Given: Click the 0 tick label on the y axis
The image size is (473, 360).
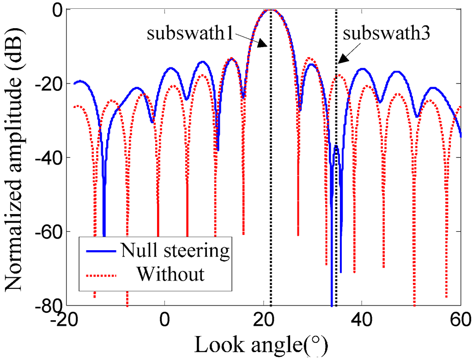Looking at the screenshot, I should [x=58, y=10].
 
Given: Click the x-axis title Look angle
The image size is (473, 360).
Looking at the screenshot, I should [x=261, y=345].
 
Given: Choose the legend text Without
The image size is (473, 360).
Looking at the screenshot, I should [x=171, y=274].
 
